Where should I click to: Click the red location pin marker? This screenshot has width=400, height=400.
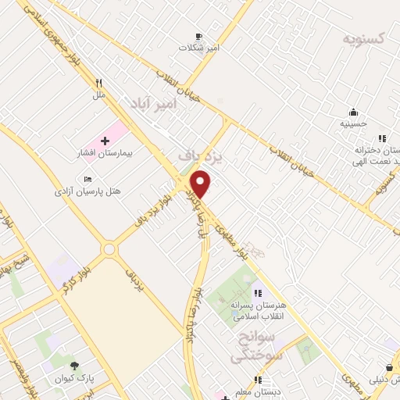(x=201, y=184)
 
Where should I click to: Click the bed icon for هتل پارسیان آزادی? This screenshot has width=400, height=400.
(x=87, y=179)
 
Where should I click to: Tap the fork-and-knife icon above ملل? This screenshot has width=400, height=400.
(x=98, y=83)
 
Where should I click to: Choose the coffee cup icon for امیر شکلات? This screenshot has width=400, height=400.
(x=198, y=37)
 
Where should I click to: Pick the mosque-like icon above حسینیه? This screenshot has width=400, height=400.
(x=353, y=112)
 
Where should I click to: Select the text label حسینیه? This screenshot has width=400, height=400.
(x=353, y=123)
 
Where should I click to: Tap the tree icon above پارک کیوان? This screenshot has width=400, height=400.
(x=75, y=366)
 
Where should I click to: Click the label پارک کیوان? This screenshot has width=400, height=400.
(x=75, y=378)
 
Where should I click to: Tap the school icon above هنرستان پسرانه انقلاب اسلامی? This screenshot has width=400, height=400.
(x=257, y=293)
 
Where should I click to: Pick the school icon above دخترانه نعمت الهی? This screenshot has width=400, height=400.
(x=382, y=138)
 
